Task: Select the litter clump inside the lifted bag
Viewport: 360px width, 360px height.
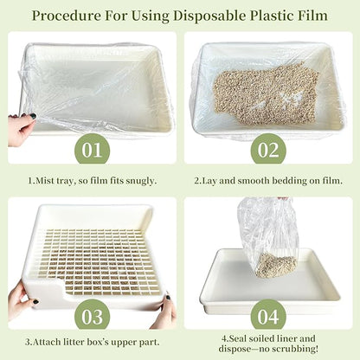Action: [275, 263]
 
